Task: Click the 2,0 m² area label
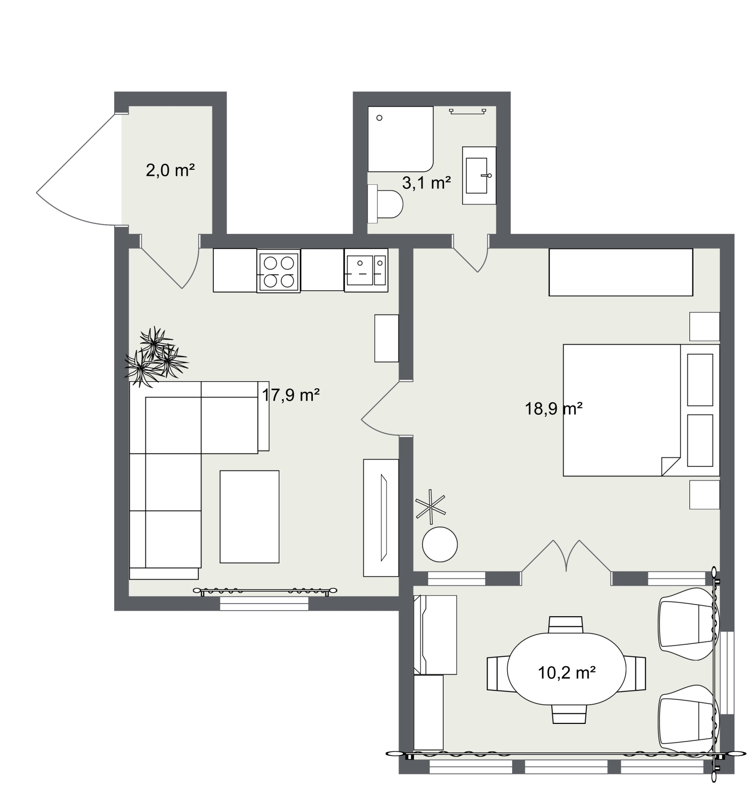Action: [x=170, y=170]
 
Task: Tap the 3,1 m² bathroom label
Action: [x=426, y=183]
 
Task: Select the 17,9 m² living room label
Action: [x=291, y=395]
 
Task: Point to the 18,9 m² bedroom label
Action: [x=553, y=409]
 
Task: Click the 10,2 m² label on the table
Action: [x=566, y=672]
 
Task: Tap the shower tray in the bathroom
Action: [x=400, y=139]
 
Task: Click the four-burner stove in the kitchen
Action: [x=279, y=271]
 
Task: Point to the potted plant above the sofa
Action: [x=155, y=357]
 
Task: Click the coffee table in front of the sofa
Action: [x=249, y=516]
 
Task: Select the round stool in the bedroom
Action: [x=440, y=545]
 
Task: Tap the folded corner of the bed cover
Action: [x=669, y=465]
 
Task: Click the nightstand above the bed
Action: [x=704, y=327]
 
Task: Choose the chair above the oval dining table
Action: [x=566, y=625]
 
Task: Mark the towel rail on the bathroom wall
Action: [x=468, y=111]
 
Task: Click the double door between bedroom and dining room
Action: [x=566, y=557]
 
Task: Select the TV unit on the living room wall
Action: [x=381, y=517]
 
